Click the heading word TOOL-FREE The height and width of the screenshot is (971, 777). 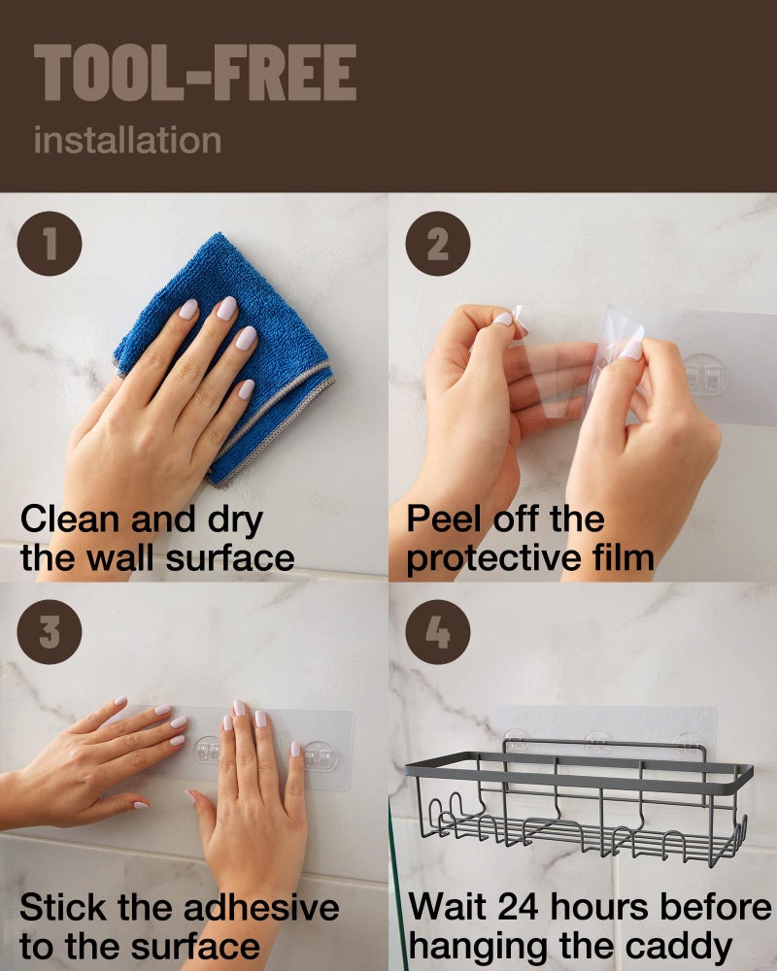point(195,73)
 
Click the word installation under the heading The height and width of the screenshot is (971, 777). point(127,140)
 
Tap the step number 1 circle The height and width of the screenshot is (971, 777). point(50,244)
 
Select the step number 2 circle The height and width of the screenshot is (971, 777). point(438,244)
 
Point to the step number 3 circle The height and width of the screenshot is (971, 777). point(50,632)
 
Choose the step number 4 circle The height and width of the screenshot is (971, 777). point(438,632)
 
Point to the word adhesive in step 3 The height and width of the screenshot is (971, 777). point(261,908)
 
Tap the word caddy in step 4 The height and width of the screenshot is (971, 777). point(679,948)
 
